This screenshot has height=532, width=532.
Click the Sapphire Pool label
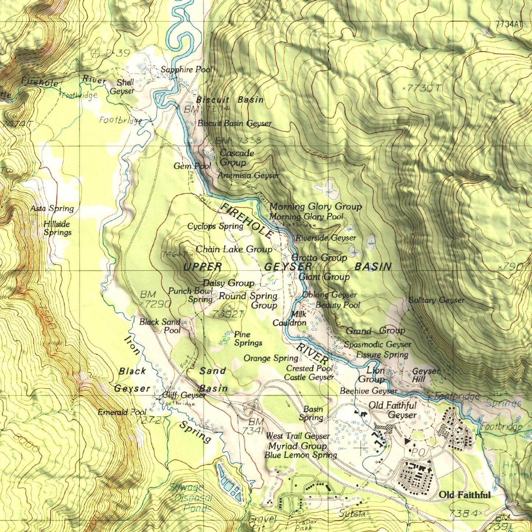point(187,70)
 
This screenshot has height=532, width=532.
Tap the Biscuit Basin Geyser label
point(235,123)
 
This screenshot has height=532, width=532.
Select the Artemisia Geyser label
point(249,176)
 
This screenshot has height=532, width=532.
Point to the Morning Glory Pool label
point(306,217)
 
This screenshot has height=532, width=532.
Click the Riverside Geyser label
point(326,238)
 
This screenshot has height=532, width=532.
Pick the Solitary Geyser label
point(437,300)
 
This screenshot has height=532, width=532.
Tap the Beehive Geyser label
point(369,391)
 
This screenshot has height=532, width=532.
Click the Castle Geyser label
point(309,377)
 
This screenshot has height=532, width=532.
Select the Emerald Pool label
point(122,412)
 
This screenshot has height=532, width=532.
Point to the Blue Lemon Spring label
point(300,455)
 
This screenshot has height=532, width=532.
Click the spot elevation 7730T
point(424,88)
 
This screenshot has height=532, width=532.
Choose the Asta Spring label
point(52,209)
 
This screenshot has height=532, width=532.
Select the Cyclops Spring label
point(215,226)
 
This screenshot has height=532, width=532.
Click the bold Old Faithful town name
point(465,495)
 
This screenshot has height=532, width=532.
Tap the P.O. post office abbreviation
point(418,452)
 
